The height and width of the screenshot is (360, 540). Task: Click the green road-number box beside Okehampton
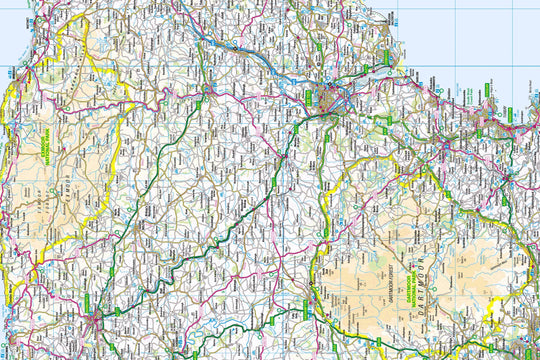296,300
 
